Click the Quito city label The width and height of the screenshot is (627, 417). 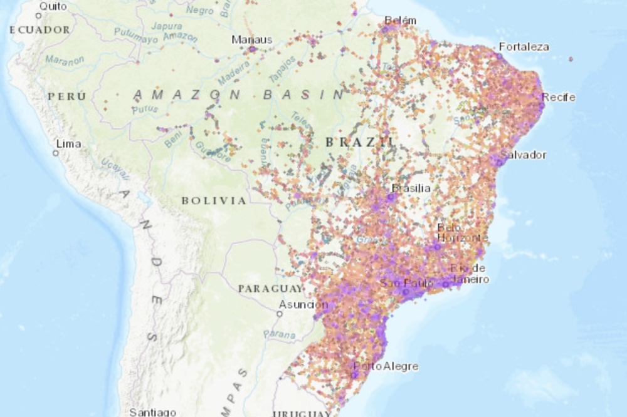tap(53, 6)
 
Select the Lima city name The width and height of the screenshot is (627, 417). tap(68, 143)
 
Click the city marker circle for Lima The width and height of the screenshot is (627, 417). tap(55, 152)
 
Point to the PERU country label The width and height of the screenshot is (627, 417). tap(66, 96)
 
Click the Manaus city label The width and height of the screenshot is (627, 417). tap(252, 39)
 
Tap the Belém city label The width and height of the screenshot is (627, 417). tap(400, 21)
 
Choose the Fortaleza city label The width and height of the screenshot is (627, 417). tap(524, 46)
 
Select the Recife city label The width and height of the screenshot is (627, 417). tap(558, 97)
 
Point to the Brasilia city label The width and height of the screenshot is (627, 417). tap(411, 188)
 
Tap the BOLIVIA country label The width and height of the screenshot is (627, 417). tap(214, 200)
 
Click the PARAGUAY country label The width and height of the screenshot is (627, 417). tap(270, 289)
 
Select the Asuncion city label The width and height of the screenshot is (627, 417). tap(303, 305)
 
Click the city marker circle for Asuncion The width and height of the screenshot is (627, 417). tap(280, 314)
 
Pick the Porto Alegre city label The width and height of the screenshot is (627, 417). tap(386, 366)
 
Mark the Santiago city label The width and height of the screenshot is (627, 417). tap(152, 412)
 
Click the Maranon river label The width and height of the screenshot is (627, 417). tap(65, 61)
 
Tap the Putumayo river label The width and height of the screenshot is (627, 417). tap(136, 38)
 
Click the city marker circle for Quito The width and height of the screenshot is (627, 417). tap(38, 15)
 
